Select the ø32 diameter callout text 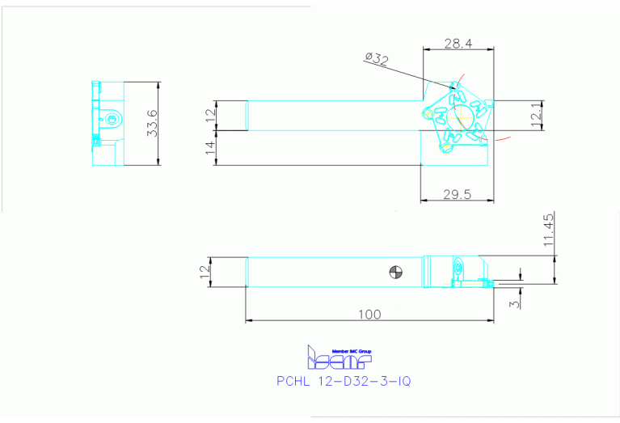pyautogui.click(x=377, y=57)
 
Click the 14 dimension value pyautogui.click(x=210, y=147)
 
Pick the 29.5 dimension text pyautogui.click(x=458, y=194)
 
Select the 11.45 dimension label pyautogui.click(x=549, y=231)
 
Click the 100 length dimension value pyautogui.click(x=369, y=314)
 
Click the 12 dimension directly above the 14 pyautogui.click(x=210, y=114)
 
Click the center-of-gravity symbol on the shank pyautogui.click(x=395, y=272)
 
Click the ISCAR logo pyautogui.click(x=339, y=357)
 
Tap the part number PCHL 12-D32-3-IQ pyautogui.click(x=344, y=380)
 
